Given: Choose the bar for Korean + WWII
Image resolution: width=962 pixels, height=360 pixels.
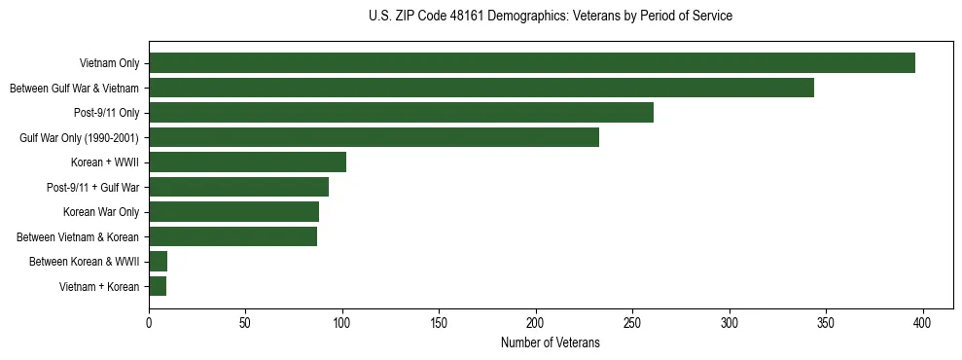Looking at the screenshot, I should tap(247, 162).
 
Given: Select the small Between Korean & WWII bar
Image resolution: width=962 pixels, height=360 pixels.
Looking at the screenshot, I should tap(158, 262).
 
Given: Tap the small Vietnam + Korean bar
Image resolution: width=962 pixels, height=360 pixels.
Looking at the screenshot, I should tap(158, 286).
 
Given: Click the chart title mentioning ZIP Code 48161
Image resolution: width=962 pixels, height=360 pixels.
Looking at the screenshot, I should tap(551, 17).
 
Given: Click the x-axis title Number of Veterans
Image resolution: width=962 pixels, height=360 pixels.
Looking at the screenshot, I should tap(551, 343).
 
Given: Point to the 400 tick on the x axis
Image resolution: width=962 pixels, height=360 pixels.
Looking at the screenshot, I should tap(923, 323).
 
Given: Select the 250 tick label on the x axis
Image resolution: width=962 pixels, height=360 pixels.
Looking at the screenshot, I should tap(632, 323).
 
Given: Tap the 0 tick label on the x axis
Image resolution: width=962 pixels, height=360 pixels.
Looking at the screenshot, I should tap(149, 323).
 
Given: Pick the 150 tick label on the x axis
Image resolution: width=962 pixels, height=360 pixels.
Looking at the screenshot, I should tap(439, 323).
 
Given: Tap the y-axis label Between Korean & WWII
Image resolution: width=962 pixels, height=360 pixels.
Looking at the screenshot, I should tap(85, 262).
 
